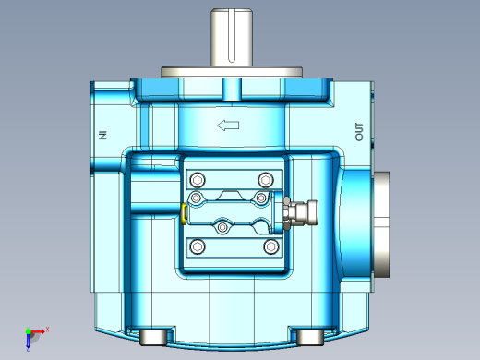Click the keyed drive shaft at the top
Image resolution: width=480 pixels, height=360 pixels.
click(232, 38)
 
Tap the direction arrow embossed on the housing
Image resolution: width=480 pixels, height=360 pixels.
click(228, 126)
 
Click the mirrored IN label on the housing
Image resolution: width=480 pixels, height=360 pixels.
click(103, 135)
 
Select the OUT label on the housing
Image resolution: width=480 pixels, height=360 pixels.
click(359, 132)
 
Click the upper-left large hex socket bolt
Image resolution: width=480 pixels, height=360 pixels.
click(198, 180)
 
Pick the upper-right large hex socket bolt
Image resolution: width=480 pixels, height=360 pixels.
click(266, 180)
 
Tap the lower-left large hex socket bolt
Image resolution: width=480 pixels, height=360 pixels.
click(198, 246)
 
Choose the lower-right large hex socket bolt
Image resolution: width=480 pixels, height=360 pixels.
click(271, 246)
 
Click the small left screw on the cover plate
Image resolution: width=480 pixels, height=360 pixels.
click(196, 198)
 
